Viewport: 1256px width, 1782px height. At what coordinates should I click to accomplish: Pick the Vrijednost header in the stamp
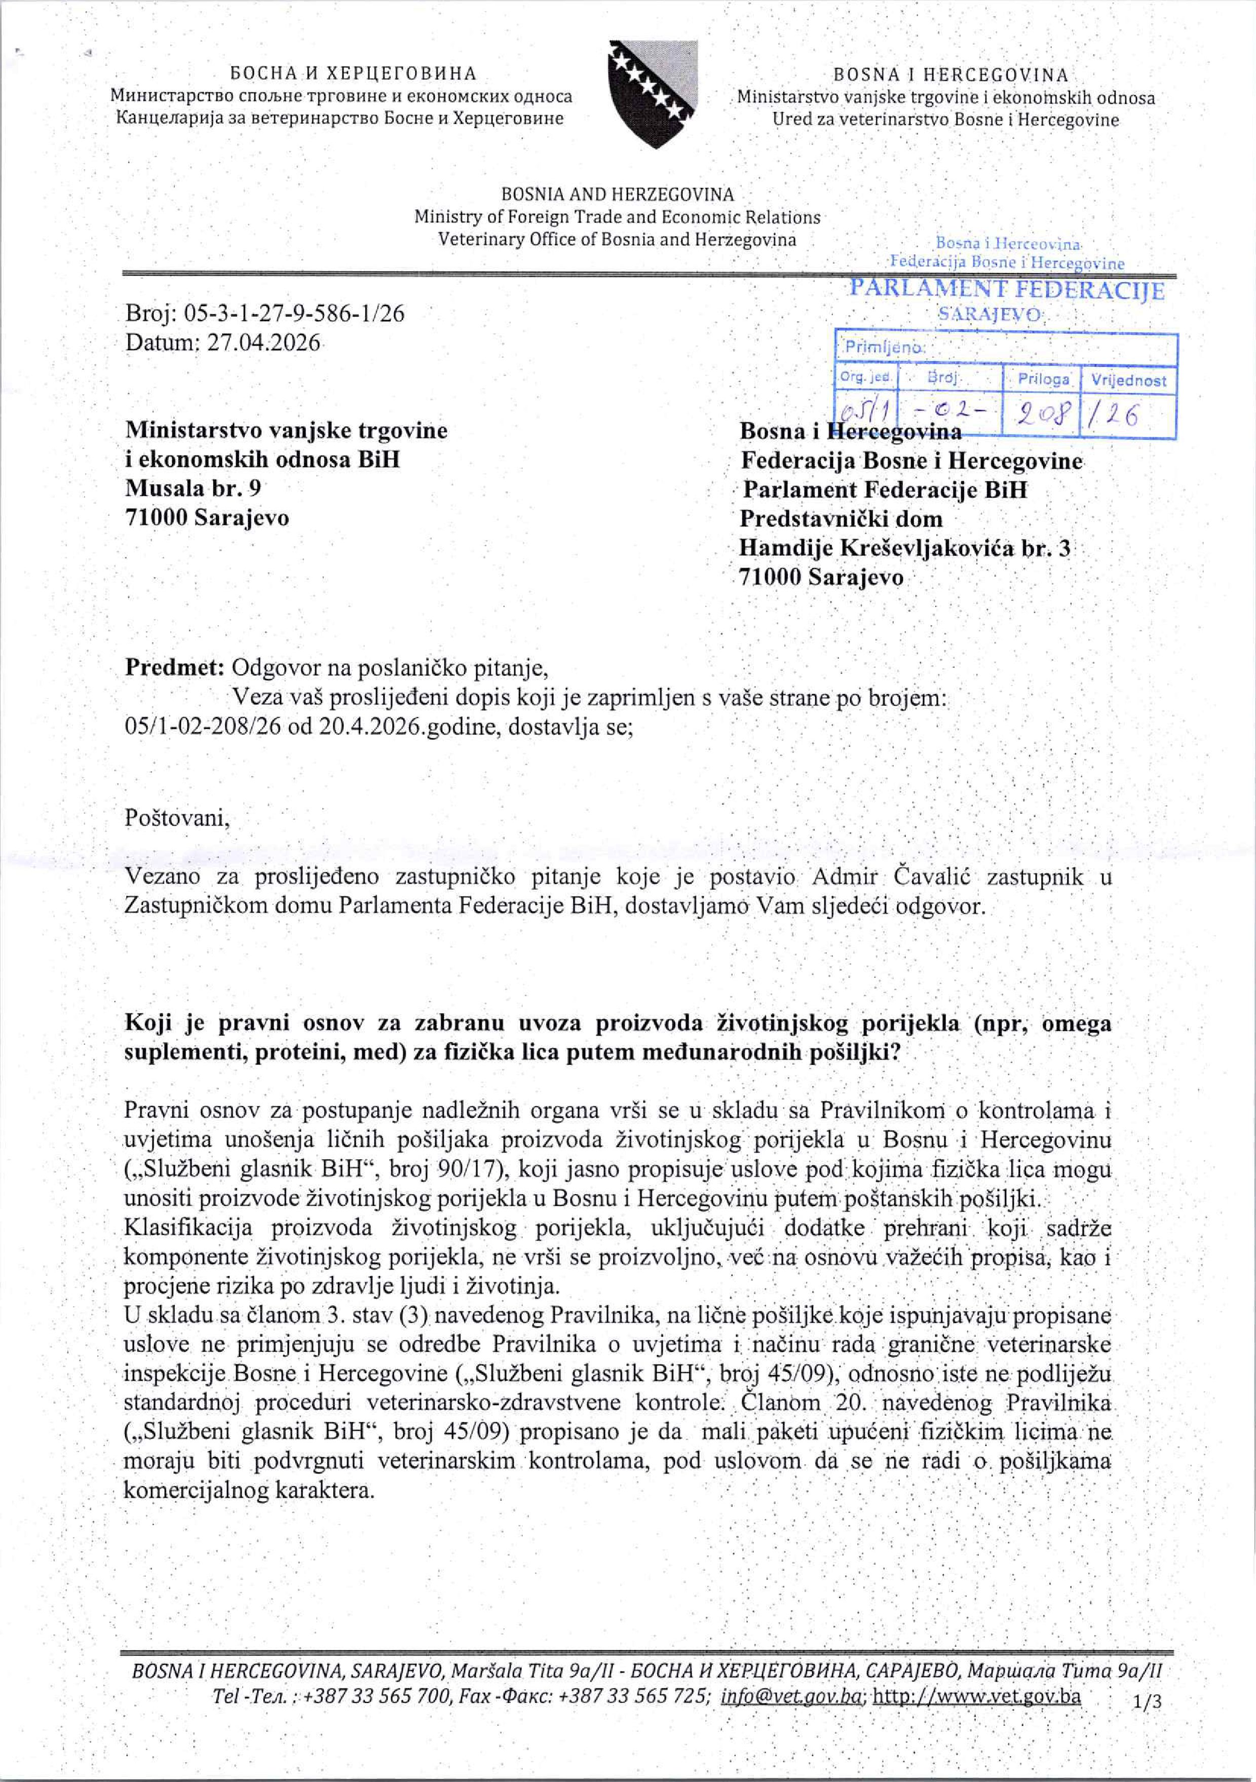point(1129,381)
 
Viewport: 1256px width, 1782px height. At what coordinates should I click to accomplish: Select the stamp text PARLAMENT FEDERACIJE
point(1007,290)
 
